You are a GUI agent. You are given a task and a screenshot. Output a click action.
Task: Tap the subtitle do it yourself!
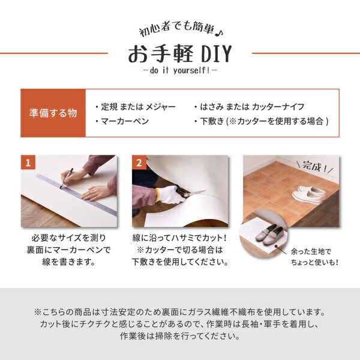[x=180, y=70]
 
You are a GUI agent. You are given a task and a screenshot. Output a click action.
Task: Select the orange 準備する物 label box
[x=53, y=113]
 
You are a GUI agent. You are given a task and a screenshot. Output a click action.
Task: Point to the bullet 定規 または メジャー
[x=136, y=106]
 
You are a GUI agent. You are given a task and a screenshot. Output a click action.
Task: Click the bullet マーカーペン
[x=123, y=121]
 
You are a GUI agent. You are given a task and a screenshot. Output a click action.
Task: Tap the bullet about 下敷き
[x=261, y=121]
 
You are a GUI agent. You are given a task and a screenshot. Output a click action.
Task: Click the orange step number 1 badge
[x=28, y=163]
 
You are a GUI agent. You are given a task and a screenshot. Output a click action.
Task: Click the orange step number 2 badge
[x=139, y=163]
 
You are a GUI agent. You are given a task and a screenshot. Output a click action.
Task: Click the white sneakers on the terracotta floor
[x=309, y=193]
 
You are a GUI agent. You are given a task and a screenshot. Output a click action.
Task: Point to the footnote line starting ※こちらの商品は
[x=180, y=313]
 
